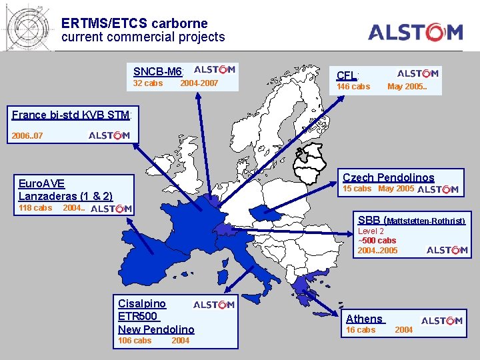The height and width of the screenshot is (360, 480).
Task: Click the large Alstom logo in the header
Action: point(415,31)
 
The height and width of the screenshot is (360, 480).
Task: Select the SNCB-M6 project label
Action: point(157,71)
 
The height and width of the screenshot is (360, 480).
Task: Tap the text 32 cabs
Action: point(148,83)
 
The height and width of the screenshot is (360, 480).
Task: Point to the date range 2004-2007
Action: point(199,83)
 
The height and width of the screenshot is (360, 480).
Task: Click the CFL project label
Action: point(347,75)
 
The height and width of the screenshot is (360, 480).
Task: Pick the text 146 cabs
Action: point(353,87)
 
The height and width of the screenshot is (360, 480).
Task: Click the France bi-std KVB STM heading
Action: point(71,115)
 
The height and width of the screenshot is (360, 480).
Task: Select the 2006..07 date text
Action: point(27,136)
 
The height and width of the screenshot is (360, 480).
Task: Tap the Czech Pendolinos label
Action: point(388,177)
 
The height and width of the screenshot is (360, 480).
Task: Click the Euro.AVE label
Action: point(41,183)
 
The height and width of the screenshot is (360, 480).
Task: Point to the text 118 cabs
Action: point(35,208)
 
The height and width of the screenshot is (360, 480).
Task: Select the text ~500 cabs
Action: point(377,241)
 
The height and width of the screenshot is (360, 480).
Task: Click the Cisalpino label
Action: point(142,303)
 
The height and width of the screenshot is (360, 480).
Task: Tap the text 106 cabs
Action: point(135,341)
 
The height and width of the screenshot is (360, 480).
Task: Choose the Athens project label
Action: point(364,319)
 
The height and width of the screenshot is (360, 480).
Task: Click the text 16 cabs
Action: point(361,330)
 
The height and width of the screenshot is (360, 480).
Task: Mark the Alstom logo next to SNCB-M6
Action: point(214,69)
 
